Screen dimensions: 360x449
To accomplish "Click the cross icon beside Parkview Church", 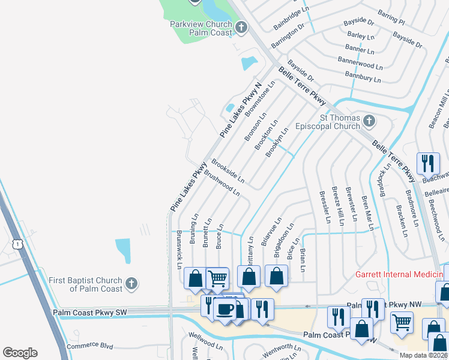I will (241, 27).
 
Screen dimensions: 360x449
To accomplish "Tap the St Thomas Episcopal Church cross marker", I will (369, 122).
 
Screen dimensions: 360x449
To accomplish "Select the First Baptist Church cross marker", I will (132, 283).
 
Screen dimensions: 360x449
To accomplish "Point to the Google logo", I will (20, 352).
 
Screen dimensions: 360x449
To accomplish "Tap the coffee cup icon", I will (225, 308).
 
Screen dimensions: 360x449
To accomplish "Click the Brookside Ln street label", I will (228, 171).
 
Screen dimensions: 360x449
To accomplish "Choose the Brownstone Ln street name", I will (265, 100).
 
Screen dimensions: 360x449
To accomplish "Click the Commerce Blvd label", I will (90, 346).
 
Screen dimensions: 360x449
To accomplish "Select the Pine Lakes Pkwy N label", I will (241, 110).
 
